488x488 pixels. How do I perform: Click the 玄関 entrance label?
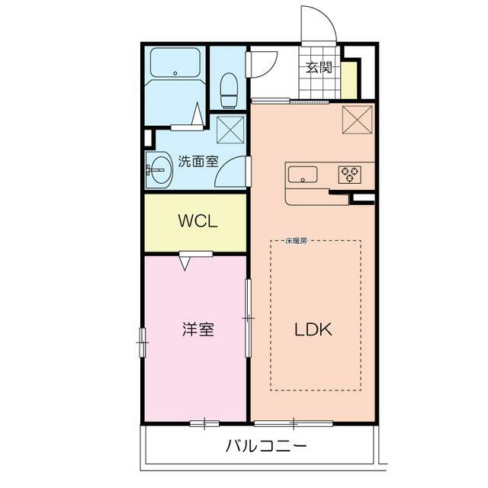pos(319,67)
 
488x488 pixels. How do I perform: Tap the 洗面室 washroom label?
pos(198,162)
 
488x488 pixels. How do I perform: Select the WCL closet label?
pos(198,222)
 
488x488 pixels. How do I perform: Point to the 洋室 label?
pos(197,330)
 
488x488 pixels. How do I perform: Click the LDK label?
pos(313,330)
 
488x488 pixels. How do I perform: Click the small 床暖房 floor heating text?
pos(296,242)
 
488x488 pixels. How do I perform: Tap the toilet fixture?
pos(229,90)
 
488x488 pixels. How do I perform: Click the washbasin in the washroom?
pos(159,169)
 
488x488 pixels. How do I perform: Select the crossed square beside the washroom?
pos(230,129)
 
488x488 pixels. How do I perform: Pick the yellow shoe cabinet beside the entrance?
pos(349,79)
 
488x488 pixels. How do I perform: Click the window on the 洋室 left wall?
pos(142,342)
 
